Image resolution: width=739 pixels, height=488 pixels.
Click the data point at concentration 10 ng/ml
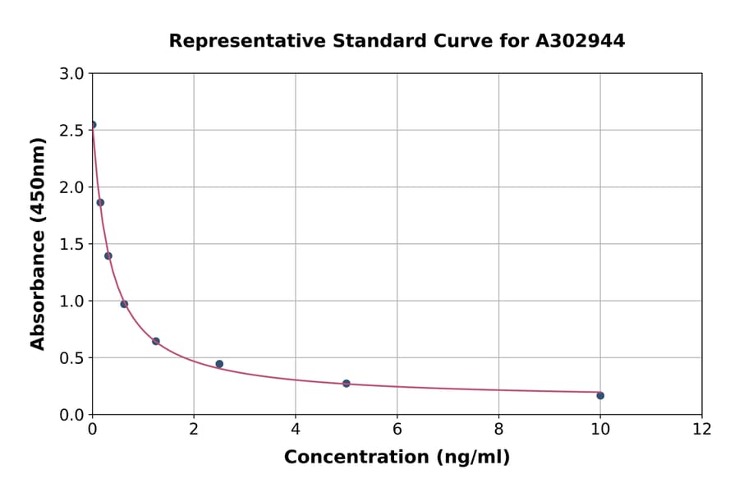pyautogui.click(x=600, y=395)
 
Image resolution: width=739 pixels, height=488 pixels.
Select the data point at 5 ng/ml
pyautogui.click(x=347, y=384)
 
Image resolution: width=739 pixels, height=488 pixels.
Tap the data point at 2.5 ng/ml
pyautogui.click(x=219, y=364)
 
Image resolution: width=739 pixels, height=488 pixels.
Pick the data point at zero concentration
pyautogui.click(x=93, y=125)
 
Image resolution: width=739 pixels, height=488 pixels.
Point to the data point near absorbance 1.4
pyautogui.click(x=108, y=256)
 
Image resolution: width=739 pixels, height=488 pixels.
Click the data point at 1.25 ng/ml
pyautogui.click(x=156, y=341)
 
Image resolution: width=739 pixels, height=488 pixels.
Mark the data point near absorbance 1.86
pyautogui.click(x=100, y=202)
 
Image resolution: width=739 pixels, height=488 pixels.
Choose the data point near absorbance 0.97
pyautogui.click(x=124, y=304)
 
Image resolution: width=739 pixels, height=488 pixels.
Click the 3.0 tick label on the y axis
pyautogui.click(x=73, y=74)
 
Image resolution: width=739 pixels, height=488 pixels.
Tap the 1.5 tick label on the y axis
pyautogui.click(x=73, y=244)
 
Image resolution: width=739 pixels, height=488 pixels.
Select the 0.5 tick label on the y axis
pyautogui.click(x=73, y=358)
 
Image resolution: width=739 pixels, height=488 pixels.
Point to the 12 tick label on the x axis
pyautogui.click(x=701, y=429)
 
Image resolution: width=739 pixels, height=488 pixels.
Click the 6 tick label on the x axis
pyautogui.click(x=397, y=429)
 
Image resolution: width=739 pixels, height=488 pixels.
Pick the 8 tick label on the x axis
pyautogui.click(x=498, y=429)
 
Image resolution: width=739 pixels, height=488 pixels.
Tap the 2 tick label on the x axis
pyautogui.click(x=194, y=429)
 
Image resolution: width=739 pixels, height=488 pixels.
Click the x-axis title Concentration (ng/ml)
pyautogui.click(x=397, y=458)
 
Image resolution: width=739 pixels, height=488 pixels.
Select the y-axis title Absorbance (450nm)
pyautogui.click(x=38, y=243)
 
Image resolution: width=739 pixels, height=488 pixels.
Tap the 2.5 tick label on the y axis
pyautogui.click(x=73, y=131)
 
